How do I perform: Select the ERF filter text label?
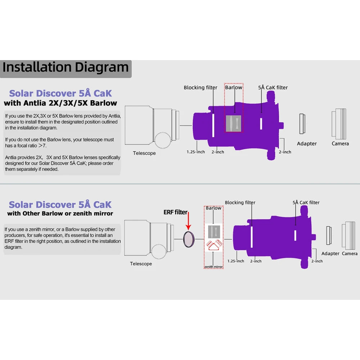coord(175,212)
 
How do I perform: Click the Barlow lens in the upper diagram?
coord(233,123)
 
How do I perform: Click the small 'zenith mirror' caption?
coord(213,267)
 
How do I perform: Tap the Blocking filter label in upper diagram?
coord(201,87)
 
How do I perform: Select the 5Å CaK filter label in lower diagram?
coord(306,203)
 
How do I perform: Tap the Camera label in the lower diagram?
coord(350,253)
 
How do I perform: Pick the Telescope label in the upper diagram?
coord(144,153)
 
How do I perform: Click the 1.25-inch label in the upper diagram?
coord(196,152)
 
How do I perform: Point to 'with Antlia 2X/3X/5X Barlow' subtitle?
coord(60,103)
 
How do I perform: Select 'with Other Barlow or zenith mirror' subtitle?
coord(60,214)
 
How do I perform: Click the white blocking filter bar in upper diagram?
coord(213,126)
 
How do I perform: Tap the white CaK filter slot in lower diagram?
coord(295,235)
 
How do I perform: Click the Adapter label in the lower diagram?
coord(330,253)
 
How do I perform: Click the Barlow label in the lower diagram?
coord(213,208)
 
